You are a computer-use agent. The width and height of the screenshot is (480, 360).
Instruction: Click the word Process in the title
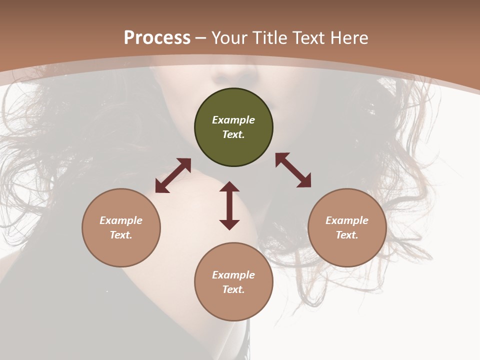[x=157, y=38]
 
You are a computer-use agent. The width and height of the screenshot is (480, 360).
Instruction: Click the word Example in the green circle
[x=233, y=120]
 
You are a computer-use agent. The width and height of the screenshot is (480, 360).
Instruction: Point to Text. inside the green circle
[x=233, y=134]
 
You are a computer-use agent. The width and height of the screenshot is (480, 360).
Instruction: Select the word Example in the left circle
[x=121, y=220]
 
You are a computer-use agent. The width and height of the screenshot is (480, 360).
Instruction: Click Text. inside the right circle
[x=347, y=235]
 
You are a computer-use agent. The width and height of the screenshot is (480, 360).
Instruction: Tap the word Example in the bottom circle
[x=233, y=275]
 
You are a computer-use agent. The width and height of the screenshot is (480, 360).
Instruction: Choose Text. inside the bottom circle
[x=233, y=289]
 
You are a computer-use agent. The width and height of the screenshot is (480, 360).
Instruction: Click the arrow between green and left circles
[x=173, y=175]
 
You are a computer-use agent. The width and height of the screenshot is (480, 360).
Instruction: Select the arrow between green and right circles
[x=293, y=170]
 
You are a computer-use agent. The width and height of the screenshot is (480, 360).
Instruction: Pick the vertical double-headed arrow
[x=229, y=205]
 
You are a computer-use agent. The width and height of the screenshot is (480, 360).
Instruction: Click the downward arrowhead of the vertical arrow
[x=229, y=224]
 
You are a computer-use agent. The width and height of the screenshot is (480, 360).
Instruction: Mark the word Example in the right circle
[x=347, y=220]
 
